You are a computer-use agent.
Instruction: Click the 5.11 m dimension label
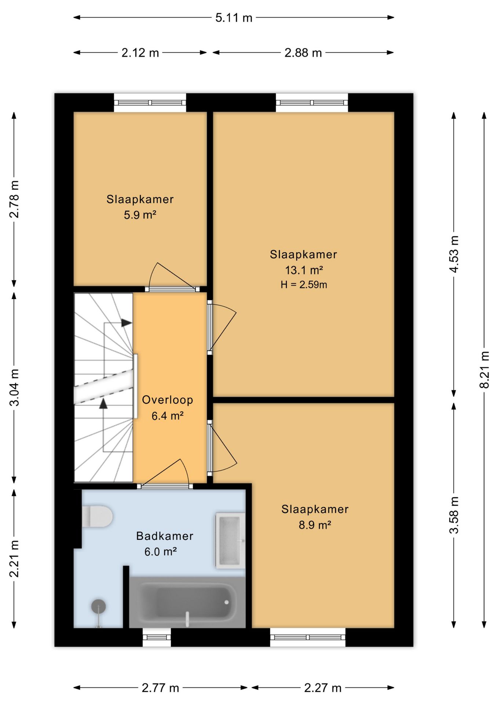click(x=234, y=18)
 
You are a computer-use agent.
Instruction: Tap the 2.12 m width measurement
click(x=140, y=53)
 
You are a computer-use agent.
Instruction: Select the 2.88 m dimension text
click(x=303, y=53)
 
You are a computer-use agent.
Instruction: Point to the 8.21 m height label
click(x=484, y=369)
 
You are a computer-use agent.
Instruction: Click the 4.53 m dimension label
click(x=454, y=254)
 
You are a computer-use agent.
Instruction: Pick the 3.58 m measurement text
click(x=454, y=515)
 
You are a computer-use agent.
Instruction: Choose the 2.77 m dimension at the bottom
click(x=160, y=688)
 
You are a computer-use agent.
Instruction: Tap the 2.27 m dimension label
click(x=323, y=688)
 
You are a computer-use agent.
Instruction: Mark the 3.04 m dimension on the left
click(x=14, y=387)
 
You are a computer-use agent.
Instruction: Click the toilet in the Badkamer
click(x=97, y=516)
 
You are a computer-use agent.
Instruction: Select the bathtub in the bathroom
click(x=187, y=602)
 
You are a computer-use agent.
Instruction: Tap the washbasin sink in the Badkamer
click(x=230, y=540)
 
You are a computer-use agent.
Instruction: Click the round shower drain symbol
click(x=98, y=606)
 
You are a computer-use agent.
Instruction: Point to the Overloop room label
click(x=168, y=400)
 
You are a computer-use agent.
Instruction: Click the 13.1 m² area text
click(x=304, y=270)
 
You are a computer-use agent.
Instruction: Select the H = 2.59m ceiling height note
click(x=304, y=285)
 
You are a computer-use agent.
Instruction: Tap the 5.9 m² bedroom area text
click(x=140, y=215)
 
